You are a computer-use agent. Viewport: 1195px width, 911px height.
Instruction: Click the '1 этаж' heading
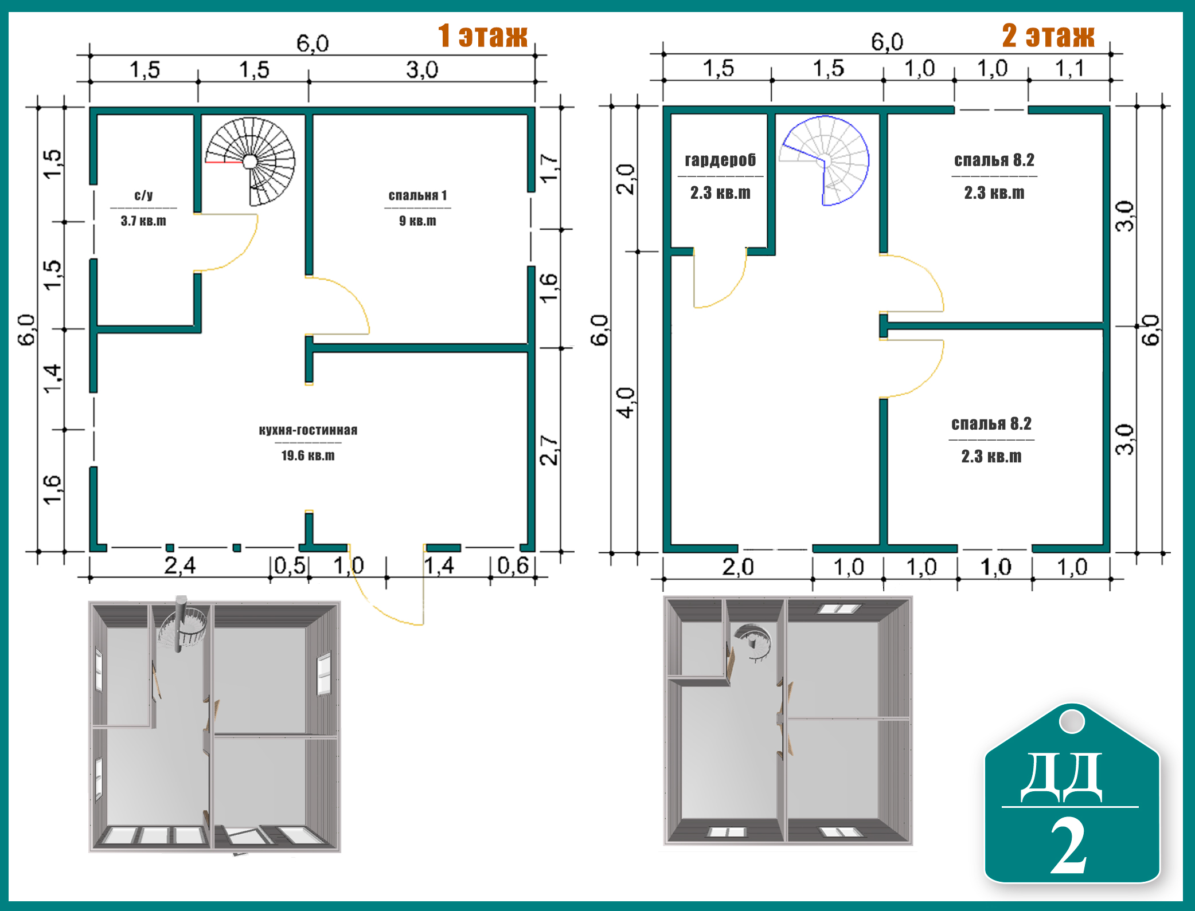tap(482, 36)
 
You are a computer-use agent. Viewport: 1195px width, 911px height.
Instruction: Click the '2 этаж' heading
tap(1048, 36)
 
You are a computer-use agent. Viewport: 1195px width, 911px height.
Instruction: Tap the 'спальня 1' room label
tap(417, 195)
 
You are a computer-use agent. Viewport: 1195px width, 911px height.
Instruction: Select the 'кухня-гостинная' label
tap(308, 430)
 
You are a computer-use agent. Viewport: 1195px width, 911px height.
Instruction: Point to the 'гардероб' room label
tap(720, 160)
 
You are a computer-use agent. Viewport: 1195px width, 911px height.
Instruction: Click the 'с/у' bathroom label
tap(143, 195)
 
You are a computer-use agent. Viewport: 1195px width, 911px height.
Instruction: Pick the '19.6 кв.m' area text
tap(308, 455)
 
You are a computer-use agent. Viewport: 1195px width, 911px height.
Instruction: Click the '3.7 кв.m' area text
tap(143, 221)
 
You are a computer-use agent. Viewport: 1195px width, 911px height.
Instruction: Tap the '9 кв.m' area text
tap(417, 221)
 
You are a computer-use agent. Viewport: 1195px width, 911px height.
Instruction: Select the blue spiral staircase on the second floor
tap(825, 160)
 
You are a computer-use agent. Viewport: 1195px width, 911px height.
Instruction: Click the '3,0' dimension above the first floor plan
tap(422, 70)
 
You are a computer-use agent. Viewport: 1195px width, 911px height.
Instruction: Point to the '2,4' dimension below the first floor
tap(179, 566)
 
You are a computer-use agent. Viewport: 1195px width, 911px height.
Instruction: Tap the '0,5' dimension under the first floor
tap(290, 566)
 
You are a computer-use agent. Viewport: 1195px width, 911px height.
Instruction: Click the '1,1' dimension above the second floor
tap(1069, 69)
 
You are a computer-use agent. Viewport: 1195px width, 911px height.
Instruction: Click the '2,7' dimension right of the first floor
tap(549, 450)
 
